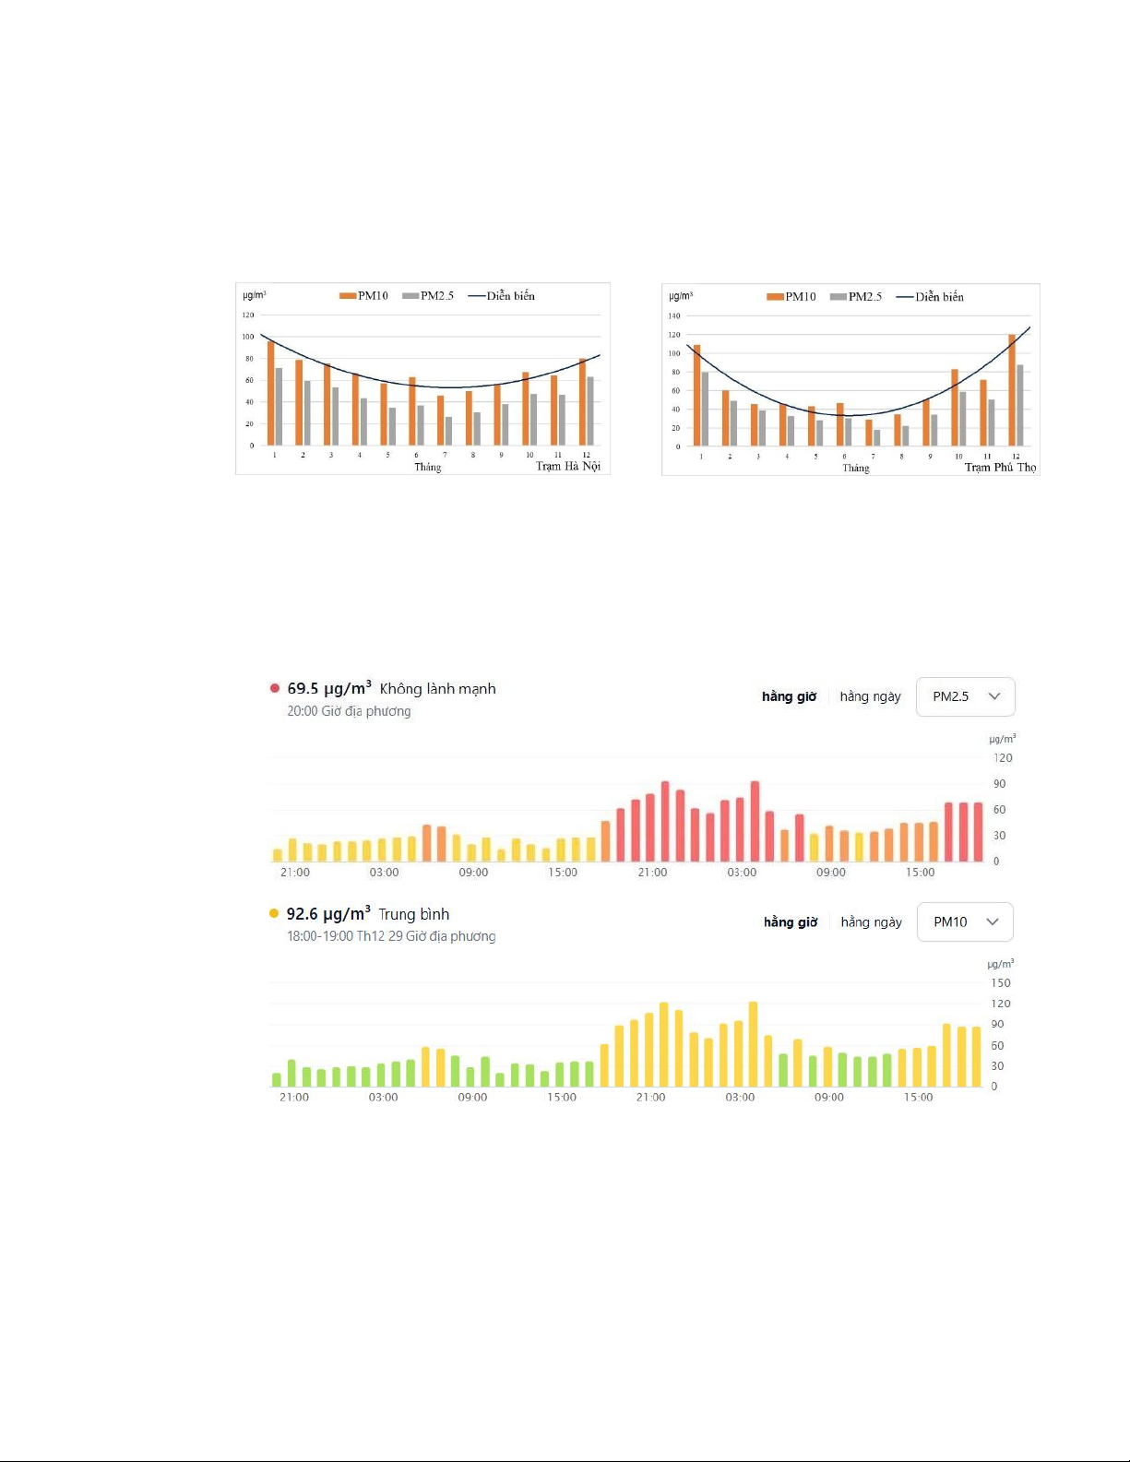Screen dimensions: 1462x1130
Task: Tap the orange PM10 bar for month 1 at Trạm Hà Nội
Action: click(271, 393)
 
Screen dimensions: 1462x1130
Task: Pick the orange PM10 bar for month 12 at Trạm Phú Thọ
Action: click(1012, 390)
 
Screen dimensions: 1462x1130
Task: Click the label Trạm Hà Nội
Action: click(568, 467)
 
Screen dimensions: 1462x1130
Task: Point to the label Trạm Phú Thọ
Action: click(1000, 468)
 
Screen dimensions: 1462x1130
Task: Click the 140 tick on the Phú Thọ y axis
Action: click(674, 316)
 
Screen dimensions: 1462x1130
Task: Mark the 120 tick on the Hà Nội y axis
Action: click(248, 315)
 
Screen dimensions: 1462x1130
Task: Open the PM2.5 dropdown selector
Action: click(965, 696)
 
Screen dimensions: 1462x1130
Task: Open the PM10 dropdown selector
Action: click(965, 921)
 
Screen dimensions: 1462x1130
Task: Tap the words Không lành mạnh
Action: click(437, 689)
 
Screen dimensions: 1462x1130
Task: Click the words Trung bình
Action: click(414, 914)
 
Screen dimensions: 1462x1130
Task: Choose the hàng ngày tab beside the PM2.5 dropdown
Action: click(870, 696)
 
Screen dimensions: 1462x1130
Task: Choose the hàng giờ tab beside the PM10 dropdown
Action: click(791, 921)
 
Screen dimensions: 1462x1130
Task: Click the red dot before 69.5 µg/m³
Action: click(275, 688)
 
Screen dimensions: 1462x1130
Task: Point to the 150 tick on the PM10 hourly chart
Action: click(1001, 983)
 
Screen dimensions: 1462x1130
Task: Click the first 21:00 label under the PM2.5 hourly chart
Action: click(295, 873)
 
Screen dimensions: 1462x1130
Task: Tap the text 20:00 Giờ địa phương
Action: click(349, 711)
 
